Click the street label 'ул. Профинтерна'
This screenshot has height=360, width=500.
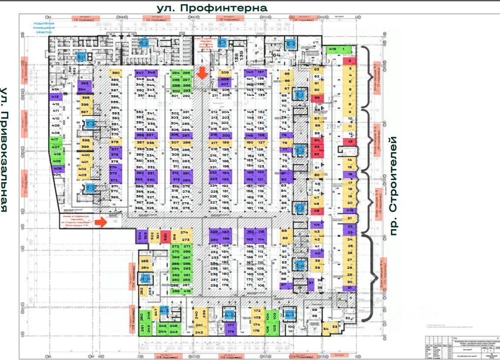tap(212, 7)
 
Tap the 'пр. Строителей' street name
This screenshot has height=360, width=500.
tap(393, 186)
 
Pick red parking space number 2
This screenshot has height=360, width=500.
tap(350, 61)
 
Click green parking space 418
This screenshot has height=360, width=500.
tap(333, 50)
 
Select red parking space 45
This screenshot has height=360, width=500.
tap(317, 211)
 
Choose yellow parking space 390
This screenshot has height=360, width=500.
tap(115, 73)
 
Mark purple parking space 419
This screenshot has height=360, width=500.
tap(350, 210)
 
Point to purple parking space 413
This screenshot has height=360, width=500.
tap(55, 97)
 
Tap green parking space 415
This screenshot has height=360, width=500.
tap(187, 291)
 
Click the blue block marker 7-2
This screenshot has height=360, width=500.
tap(90, 123)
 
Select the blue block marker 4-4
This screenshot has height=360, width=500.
tap(145, 277)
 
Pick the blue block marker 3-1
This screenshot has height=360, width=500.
tap(300, 94)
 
